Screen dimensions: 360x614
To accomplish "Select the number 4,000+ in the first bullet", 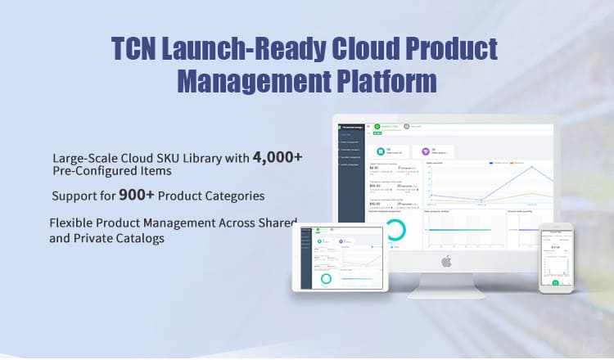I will [278, 156].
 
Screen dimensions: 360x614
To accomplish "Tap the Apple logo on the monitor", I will [446, 261].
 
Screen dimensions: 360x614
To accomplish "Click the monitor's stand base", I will [446, 290].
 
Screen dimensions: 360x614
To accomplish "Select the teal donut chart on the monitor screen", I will [394, 232].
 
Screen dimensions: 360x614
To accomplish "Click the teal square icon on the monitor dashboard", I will [381, 151].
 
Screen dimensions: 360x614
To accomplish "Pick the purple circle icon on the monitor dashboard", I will [425, 151].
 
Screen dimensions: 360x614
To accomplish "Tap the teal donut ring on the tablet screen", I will [327, 277].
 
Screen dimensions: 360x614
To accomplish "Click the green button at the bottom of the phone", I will [555, 283].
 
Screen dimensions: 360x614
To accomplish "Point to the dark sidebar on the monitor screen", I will [350, 188].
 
